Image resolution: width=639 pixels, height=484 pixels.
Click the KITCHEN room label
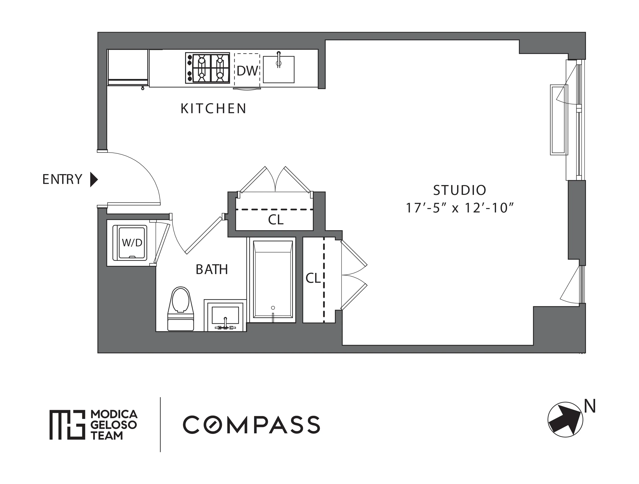(213, 109)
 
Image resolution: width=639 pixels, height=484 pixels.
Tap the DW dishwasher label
(247, 71)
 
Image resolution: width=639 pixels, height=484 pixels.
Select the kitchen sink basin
(279, 70)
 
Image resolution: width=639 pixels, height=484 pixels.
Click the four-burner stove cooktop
(208, 68)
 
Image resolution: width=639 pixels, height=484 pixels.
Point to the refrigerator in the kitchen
(128, 68)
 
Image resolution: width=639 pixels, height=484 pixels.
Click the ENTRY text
(62, 179)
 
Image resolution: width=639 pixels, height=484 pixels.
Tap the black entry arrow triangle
(94, 180)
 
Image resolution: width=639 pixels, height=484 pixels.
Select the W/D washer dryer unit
(132, 243)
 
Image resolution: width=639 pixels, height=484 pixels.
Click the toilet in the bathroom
(181, 309)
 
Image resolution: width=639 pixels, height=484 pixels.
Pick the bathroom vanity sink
(225, 316)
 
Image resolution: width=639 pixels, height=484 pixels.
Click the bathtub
(273, 280)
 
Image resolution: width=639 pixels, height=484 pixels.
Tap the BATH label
(212, 270)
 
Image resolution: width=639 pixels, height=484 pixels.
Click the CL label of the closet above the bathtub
(276, 220)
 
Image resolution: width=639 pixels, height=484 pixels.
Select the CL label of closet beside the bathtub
(313, 278)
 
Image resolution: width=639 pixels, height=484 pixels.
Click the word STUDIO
(460, 190)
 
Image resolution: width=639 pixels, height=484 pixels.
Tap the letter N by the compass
(590, 407)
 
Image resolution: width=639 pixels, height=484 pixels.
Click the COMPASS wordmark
(251, 425)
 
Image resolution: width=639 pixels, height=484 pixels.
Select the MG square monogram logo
(67, 425)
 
